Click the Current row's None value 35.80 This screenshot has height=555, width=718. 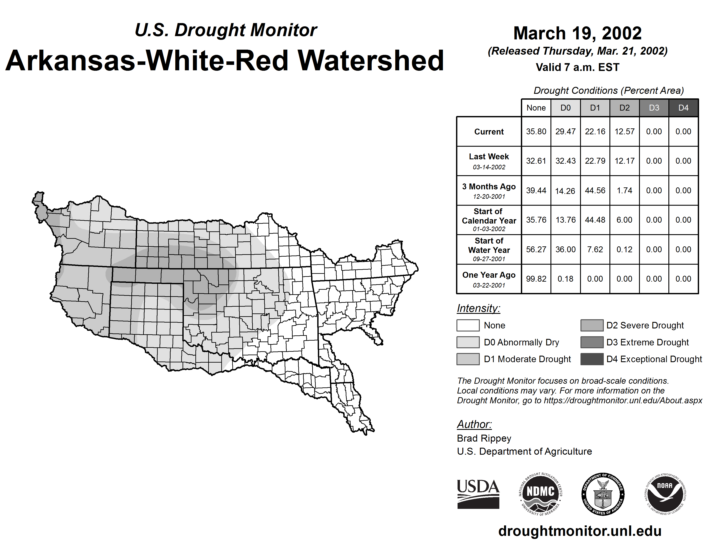coord(536,131)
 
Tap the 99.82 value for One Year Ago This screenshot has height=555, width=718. coord(536,279)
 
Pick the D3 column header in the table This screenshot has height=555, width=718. coord(654,108)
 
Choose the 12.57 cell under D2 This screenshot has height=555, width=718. coord(624,131)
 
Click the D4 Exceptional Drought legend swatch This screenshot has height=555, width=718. coord(592,359)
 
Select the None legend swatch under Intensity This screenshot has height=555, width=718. coord(468,325)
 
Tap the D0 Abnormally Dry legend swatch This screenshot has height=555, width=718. coord(468,342)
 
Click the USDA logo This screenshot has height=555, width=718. coord(478,494)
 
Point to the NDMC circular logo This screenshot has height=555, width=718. coord(540,494)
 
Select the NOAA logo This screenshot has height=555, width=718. coord(665,494)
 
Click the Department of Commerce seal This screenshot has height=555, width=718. coord(603,494)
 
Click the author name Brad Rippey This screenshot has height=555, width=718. coord(484,438)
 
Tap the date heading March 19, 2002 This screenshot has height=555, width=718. coord(577,33)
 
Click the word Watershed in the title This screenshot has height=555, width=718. coord(371,61)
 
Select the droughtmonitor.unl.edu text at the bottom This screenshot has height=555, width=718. coord(580,531)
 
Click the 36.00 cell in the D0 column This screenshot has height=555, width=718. coord(565,250)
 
